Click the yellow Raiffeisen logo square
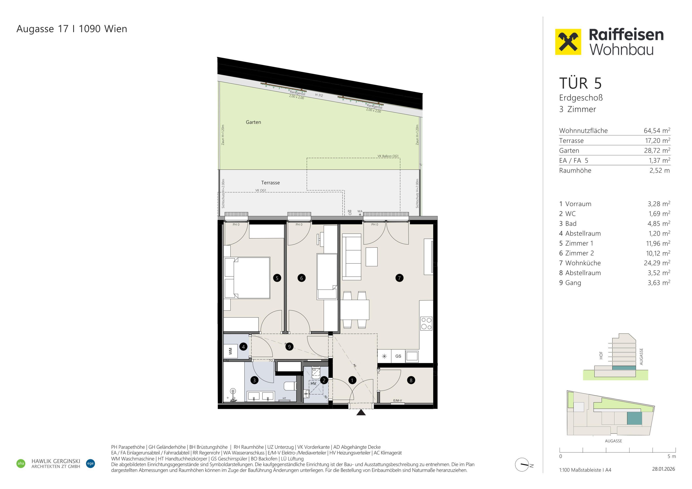pyautogui.click(x=568, y=42)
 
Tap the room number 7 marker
pyautogui.click(x=399, y=278)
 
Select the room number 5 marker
pyautogui.click(x=277, y=278)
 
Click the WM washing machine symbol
pyautogui.click(x=231, y=351)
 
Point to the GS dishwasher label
pyautogui.click(x=398, y=356)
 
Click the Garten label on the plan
pyautogui.click(x=253, y=122)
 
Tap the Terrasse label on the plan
pyautogui.click(x=270, y=183)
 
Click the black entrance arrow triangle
pyautogui.click(x=361, y=412)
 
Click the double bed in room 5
pyautogui.click(x=247, y=278)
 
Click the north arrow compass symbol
pyautogui.click(x=522, y=465)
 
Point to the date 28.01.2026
pyautogui.click(x=664, y=469)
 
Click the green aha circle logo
pyautogui.click(x=21, y=463)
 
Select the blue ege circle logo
pyautogui.click(x=90, y=463)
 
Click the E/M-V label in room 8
pyautogui.click(x=398, y=400)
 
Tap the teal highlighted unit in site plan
pyautogui.click(x=634, y=419)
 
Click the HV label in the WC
pyautogui.click(x=313, y=384)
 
